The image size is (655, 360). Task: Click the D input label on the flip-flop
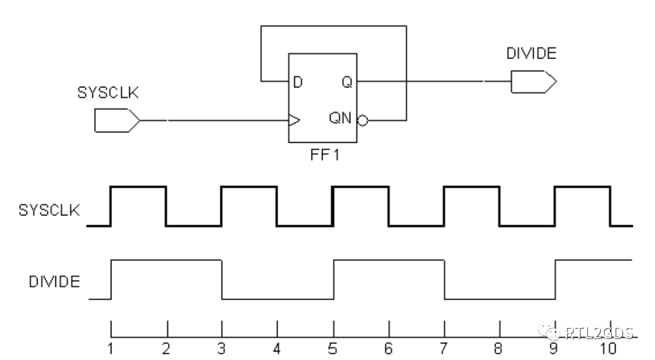click(x=297, y=82)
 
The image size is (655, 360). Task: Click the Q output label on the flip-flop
click(x=347, y=82)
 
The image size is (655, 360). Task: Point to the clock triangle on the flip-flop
click(x=294, y=120)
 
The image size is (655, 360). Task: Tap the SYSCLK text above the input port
click(x=108, y=93)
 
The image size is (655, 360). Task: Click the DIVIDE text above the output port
click(x=531, y=54)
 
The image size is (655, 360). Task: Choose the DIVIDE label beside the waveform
click(x=54, y=282)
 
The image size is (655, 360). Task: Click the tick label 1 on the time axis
click(x=110, y=348)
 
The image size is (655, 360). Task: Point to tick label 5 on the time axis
click(x=333, y=348)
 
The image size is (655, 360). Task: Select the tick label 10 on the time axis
click(x=609, y=348)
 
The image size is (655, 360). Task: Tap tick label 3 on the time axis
click(x=222, y=348)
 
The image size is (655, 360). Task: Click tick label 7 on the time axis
click(x=444, y=348)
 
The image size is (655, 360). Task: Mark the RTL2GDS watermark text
click(x=596, y=334)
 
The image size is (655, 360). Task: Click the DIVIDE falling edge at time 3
click(x=222, y=280)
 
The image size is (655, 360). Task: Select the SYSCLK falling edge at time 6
click(x=388, y=206)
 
